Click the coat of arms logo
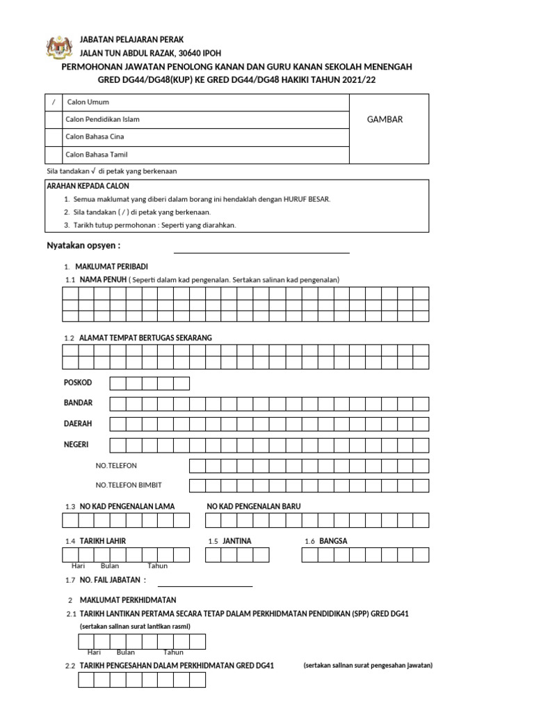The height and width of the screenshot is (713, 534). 58,48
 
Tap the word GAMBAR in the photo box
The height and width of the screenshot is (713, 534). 385,119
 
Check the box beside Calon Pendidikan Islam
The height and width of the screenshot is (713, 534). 54,120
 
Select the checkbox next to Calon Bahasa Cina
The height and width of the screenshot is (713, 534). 54,137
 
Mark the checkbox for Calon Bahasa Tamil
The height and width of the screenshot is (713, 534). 54,155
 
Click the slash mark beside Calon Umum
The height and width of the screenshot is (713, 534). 54,102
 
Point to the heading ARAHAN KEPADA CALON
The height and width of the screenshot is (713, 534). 88,186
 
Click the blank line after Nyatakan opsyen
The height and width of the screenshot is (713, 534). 261,252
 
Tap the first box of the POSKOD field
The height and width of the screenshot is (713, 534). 117,383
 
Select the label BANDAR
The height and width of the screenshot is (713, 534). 78,403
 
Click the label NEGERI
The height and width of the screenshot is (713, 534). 76,444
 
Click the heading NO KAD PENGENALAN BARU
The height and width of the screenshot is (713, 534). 254,506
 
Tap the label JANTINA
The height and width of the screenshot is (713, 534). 237,541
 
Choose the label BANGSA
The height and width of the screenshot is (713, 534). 333,541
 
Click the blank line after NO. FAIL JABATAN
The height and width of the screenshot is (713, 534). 204,586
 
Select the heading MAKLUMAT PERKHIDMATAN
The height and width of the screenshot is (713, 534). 128,600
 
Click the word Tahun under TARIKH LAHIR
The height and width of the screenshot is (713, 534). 157,566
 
